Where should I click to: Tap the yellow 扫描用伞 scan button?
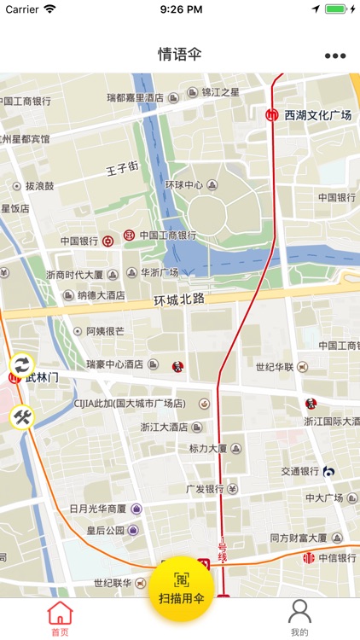click(180, 590)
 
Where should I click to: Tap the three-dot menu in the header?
click(335, 55)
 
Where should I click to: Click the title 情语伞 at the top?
click(180, 55)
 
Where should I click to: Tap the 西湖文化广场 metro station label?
click(317, 115)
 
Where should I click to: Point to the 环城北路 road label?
click(179, 300)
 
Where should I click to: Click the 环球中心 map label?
click(184, 185)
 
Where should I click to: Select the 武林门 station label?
click(41, 376)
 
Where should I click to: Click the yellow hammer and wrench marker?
click(22, 416)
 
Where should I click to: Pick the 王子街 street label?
click(122, 169)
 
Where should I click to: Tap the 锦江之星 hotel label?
click(220, 92)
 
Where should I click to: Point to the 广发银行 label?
click(205, 489)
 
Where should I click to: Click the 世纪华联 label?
click(274, 367)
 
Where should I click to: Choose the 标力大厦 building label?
click(208, 448)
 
